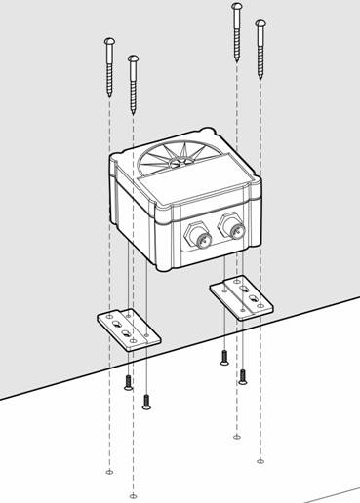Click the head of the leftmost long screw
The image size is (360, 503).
point(109,41)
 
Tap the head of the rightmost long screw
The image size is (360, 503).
point(260,22)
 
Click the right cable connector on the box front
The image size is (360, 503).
point(235,228)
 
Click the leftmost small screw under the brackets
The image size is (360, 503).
point(128,381)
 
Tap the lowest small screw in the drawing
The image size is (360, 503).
point(146,400)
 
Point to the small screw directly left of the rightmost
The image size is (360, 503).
point(224,358)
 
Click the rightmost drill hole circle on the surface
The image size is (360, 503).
point(260,461)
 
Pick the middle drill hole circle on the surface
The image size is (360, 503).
point(235,436)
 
